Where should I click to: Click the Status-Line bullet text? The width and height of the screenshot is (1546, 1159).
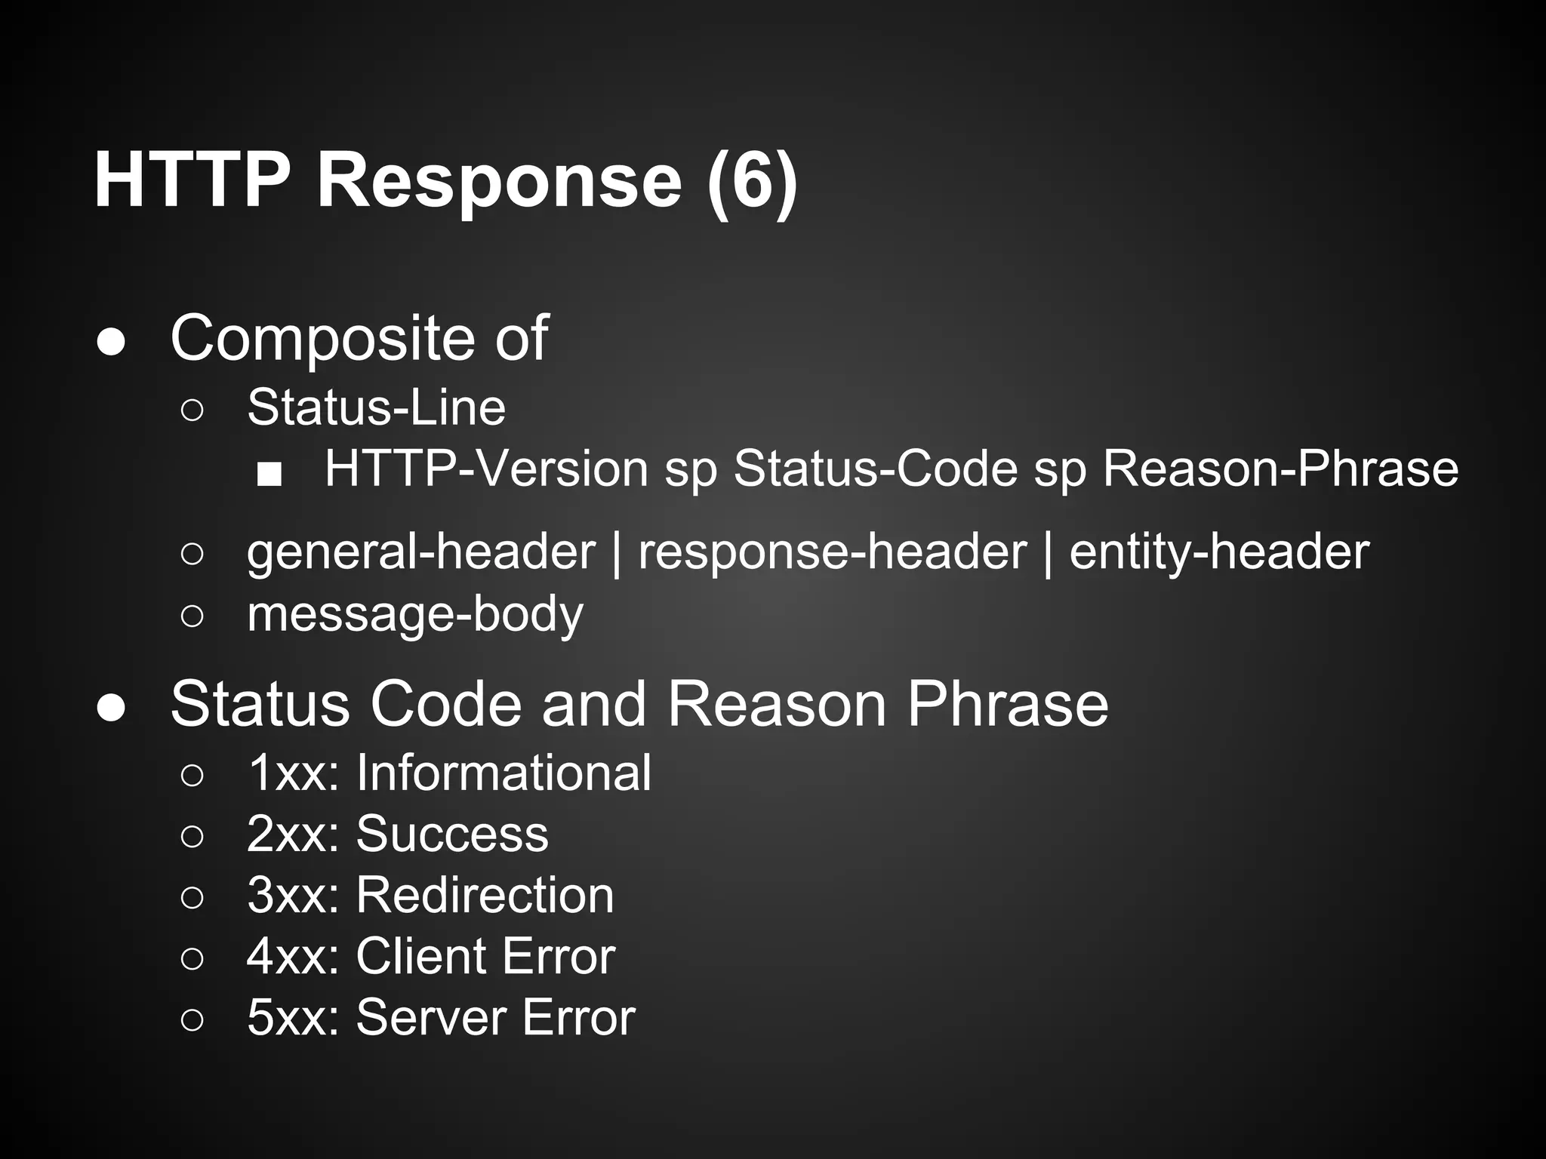[376, 407]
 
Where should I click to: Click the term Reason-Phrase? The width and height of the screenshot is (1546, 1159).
[1280, 469]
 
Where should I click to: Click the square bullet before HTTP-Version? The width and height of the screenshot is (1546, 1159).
[269, 475]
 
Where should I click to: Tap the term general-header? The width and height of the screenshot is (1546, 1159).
[420, 552]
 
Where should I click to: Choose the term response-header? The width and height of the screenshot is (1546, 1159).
[832, 552]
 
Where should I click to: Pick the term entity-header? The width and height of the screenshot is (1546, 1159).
[1218, 552]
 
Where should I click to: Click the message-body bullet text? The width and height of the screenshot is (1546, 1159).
[415, 614]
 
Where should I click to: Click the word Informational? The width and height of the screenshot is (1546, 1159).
[504, 773]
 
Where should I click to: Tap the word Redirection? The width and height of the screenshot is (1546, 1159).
[485, 895]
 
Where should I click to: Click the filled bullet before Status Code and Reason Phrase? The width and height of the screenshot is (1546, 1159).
[111, 709]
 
